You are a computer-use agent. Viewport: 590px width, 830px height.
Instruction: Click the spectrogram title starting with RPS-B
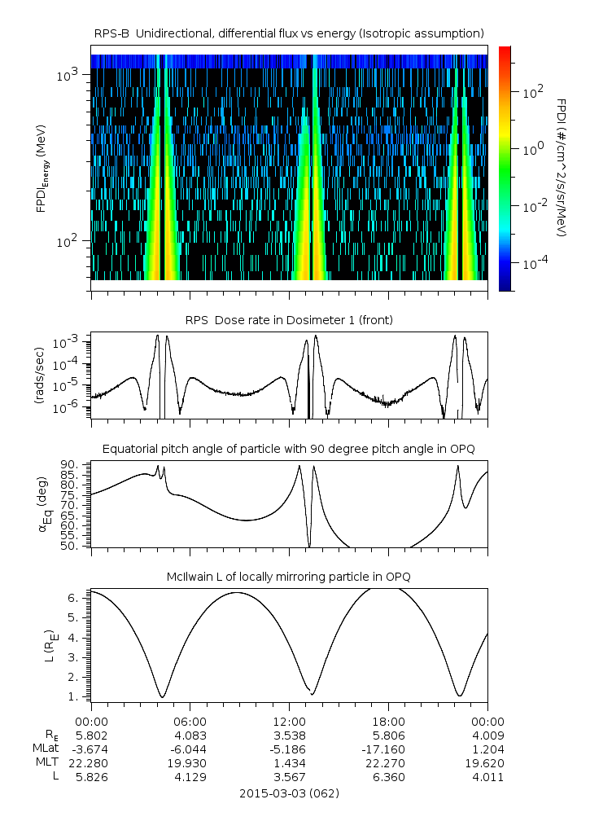(x=289, y=33)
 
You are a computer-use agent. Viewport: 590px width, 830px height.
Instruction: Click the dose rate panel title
(x=289, y=320)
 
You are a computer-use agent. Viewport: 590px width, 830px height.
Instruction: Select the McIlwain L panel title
(x=289, y=577)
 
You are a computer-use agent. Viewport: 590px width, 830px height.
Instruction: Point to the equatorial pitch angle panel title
(x=289, y=449)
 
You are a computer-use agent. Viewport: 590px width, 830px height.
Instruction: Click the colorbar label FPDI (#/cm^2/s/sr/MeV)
(x=562, y=168)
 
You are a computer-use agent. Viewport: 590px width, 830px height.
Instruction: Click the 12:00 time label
(x=289, y=722)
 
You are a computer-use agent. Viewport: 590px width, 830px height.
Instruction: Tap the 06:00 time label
(x=190, y=722)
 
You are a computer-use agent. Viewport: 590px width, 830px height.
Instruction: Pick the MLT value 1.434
(x=289, y=763)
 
